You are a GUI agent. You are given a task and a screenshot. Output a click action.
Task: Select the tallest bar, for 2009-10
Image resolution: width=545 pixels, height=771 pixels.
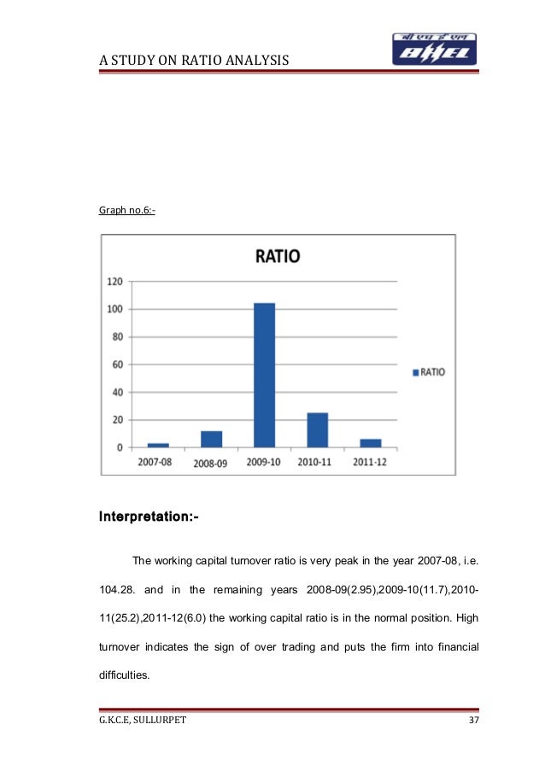tap(264, 375)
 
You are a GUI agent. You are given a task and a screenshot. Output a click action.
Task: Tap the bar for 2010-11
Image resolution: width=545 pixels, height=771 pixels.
tap(317, 429)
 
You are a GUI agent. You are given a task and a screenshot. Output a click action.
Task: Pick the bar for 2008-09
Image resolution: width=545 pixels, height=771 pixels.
tap(211, 439)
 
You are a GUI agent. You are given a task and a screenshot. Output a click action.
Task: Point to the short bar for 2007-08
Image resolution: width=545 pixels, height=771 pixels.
tap(158, 445)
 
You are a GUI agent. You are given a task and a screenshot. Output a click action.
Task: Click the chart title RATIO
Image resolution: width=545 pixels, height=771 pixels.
tap(274, 255)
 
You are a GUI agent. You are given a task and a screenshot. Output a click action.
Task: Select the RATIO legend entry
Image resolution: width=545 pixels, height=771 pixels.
tap(429, 372)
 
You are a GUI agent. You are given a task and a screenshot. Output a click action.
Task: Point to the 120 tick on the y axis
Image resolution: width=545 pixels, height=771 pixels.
tap(114, 281)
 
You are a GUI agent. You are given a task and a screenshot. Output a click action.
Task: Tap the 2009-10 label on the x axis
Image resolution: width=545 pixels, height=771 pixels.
tap(264, 462)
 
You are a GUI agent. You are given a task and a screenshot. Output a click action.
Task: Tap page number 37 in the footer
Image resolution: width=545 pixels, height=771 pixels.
tap(474, 721)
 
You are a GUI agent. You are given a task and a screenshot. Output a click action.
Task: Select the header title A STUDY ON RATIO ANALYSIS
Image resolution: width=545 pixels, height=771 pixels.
tap(195, 59)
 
